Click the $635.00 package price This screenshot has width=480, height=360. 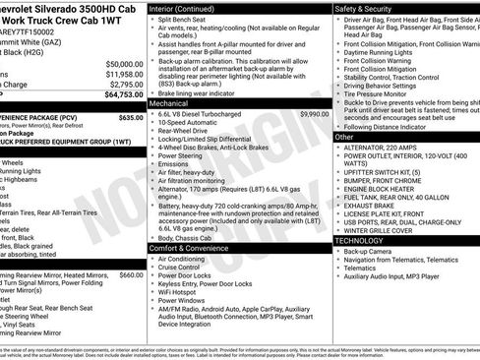pos(131,116)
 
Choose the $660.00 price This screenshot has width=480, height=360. pos(131,274)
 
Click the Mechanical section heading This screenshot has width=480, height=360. pos(169,102)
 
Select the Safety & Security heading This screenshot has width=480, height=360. pos(366,8)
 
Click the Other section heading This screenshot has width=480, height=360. pos(344,137)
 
